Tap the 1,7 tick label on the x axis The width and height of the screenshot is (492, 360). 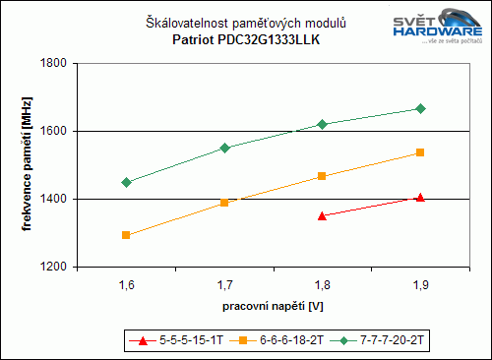[x=224, y=285]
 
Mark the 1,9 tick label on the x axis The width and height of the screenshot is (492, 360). [x=420, y=285]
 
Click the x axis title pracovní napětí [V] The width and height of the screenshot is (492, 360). [x=273, y=308]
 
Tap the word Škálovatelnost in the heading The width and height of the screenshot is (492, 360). [x=186, y=23]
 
